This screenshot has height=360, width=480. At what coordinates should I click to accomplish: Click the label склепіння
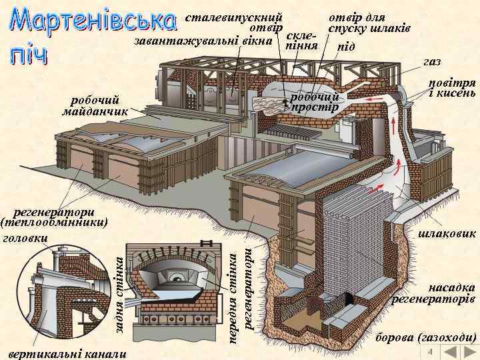pos(301,41)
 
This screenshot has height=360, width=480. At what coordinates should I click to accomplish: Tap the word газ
pos(432,62)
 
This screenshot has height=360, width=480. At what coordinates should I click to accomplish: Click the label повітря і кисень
pos(451,87)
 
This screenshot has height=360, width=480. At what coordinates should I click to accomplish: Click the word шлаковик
pos(447,234)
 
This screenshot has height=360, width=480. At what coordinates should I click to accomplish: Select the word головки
pos(25,237)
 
